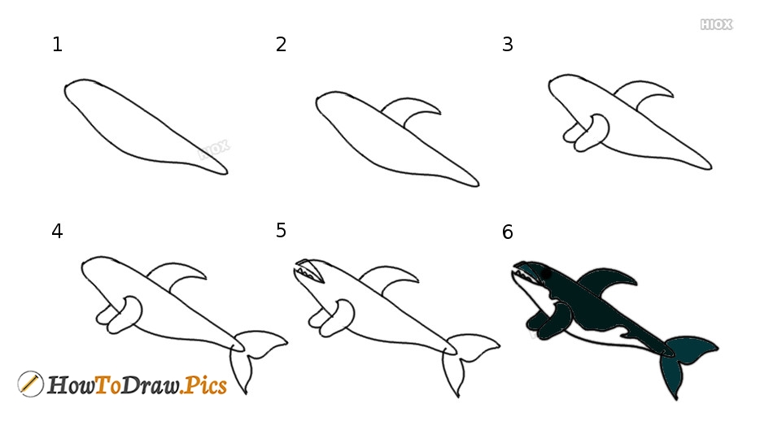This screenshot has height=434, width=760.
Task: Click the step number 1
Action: click(x=57, y=45)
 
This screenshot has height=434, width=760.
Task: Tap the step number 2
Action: click(x=281, y=45)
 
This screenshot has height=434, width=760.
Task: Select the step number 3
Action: click(x=507, y=45)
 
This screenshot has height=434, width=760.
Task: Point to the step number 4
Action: click(x=57, y=231)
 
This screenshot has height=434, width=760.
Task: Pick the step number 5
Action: click(x=281, y=231)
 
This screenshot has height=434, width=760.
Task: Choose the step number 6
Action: click(x=507, y=232)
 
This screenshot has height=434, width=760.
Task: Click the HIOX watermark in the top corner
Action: click(x=716, y=24)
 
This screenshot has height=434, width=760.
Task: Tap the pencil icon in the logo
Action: click(x=30, y=384)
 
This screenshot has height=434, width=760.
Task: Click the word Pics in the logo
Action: click(x=203, y=385)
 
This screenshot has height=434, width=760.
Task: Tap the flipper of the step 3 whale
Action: click(x=587, y=132)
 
